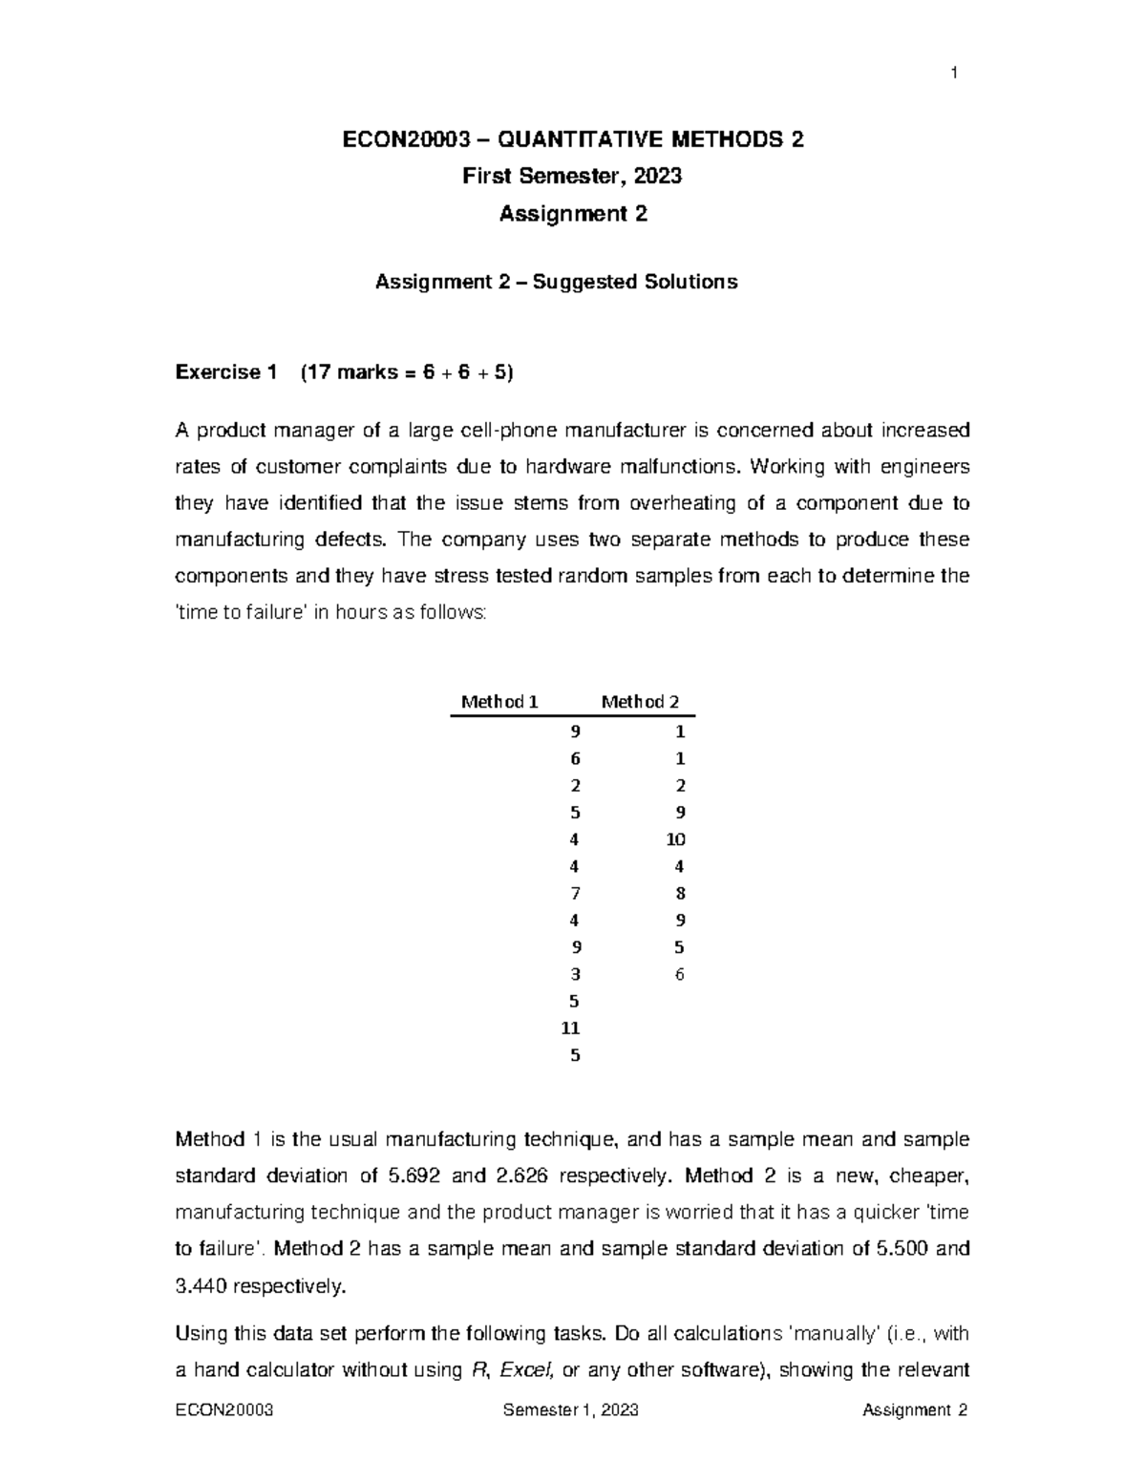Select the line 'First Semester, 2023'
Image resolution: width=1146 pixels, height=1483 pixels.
(x=572, y=177)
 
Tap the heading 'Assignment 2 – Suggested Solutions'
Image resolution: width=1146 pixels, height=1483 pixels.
(x=556, y=283)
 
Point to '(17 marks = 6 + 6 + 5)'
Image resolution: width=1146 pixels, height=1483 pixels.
(x=406, y=372)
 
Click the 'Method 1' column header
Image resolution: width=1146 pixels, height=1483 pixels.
(x=499, y=702)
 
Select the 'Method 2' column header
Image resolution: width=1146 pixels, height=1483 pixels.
(x=640, y=702)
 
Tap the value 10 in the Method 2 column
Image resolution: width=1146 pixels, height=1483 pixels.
(x=676, y=839)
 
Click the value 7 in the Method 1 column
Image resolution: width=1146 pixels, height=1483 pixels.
(x=575, y=894)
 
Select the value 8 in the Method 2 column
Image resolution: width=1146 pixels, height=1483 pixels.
(x=680, y=894)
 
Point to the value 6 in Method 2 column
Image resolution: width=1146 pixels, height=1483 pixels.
(x=680, y=975)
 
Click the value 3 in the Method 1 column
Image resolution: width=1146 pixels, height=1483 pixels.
(x=575, y=975)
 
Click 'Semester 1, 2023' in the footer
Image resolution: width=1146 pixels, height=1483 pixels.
(x=571, y=1411)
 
